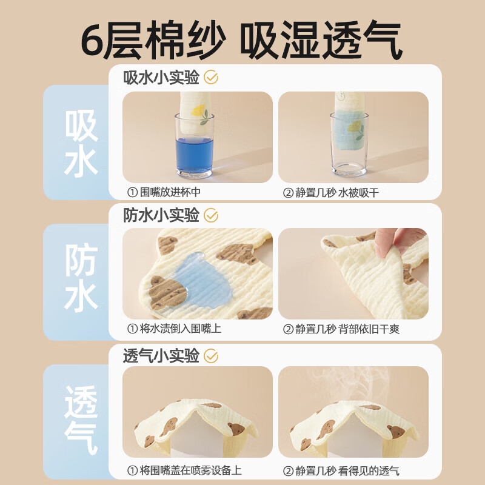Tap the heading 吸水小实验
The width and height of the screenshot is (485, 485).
point(161,78)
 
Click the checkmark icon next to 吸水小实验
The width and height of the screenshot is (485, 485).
point(211,78)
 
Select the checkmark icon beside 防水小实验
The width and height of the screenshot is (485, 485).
point(211,215)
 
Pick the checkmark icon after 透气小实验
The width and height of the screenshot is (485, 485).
point(211,356)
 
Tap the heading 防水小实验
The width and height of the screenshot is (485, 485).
point(161,215)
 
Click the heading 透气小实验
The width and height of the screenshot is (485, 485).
point(161,356)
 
